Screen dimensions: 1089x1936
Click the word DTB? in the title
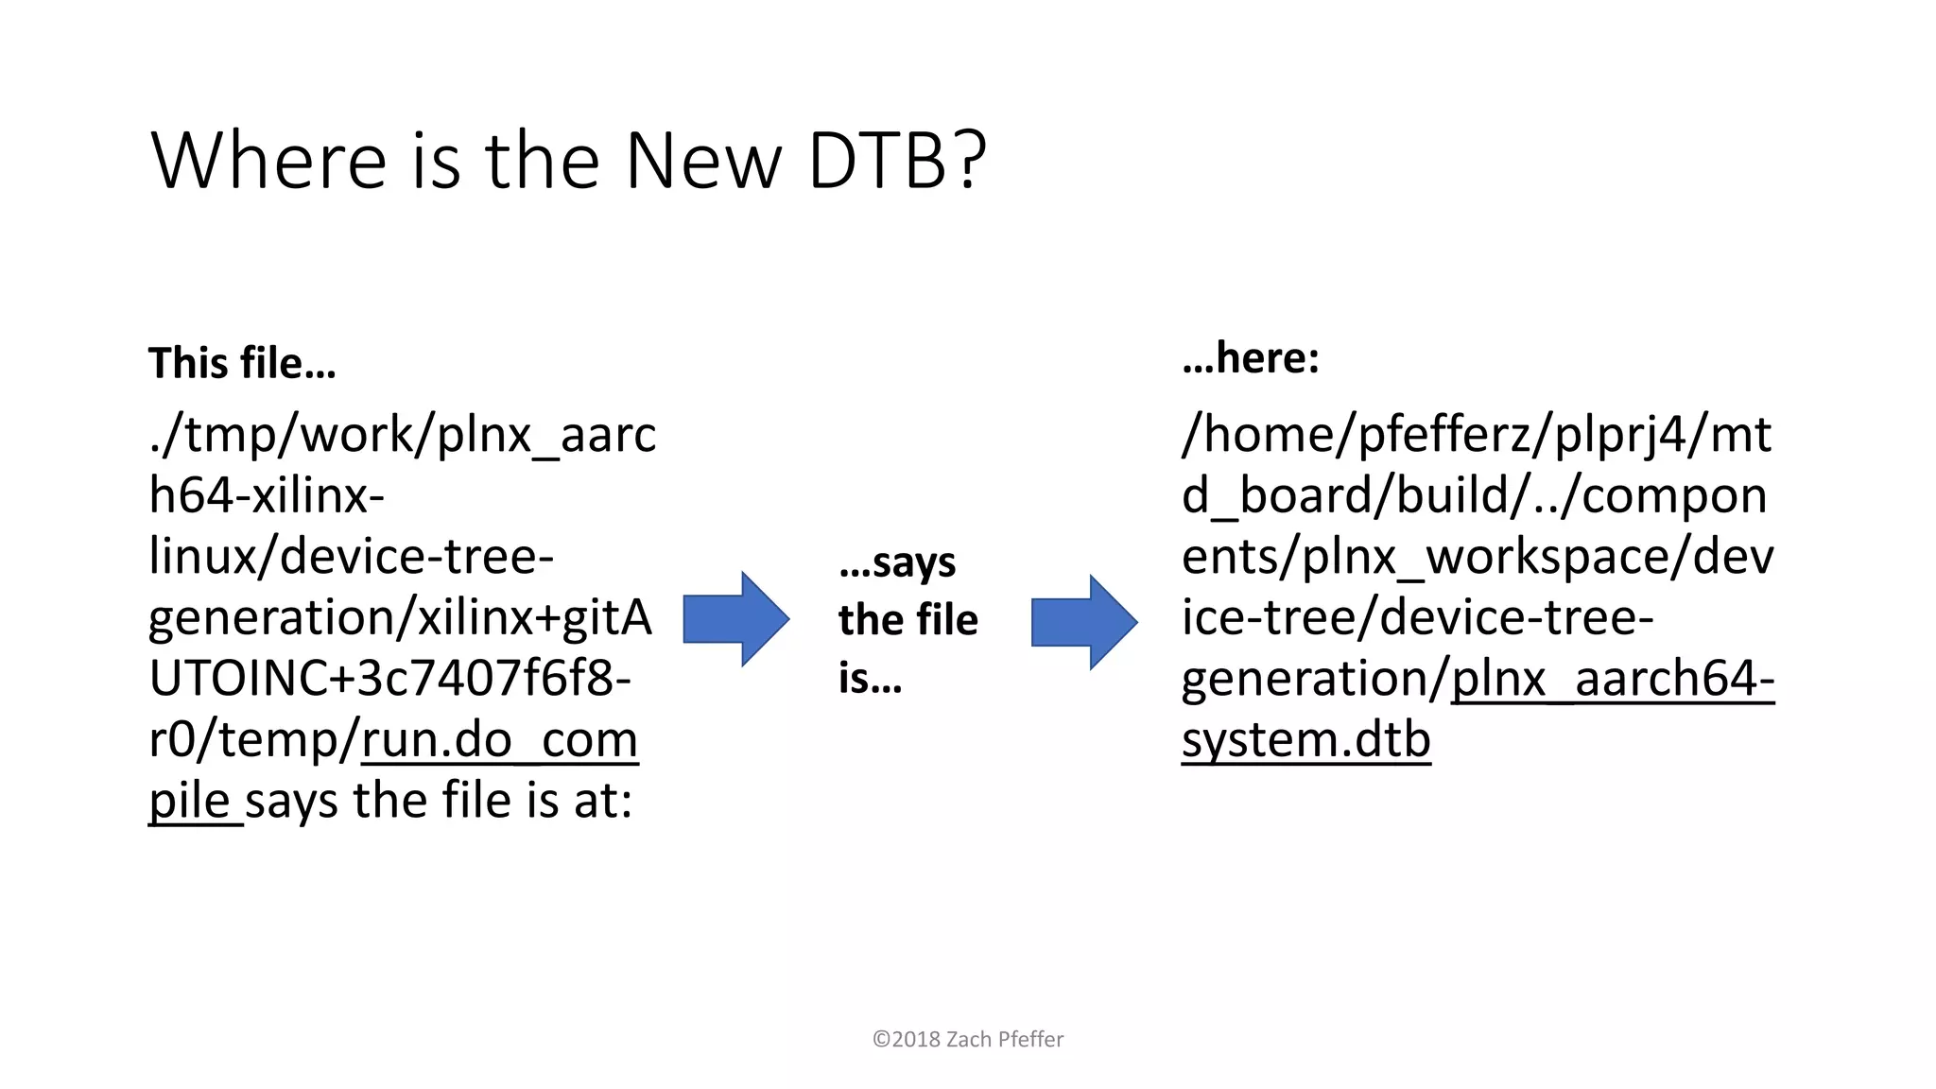897,161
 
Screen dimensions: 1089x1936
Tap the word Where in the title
268,161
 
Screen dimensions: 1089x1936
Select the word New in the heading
702,161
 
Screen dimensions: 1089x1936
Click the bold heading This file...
242,363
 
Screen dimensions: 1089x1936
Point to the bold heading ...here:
1250,357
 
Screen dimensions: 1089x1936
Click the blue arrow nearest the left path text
735,619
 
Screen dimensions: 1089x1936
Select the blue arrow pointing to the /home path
1083,622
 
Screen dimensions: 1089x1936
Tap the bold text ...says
897,562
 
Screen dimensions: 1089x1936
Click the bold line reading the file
907,620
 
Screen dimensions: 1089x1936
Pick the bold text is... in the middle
870,678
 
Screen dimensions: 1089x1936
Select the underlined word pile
190,802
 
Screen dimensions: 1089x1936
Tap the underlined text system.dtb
1305,740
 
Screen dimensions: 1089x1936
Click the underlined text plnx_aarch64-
1612,679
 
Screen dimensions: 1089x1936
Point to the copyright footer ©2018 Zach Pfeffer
967,1039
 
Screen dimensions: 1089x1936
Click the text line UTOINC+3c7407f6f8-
389,679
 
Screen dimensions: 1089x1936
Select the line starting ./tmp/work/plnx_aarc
402,435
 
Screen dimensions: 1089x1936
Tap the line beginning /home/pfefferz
1476,435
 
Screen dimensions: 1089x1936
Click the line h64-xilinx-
267,495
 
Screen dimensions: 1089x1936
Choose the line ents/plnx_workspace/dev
1477,557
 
